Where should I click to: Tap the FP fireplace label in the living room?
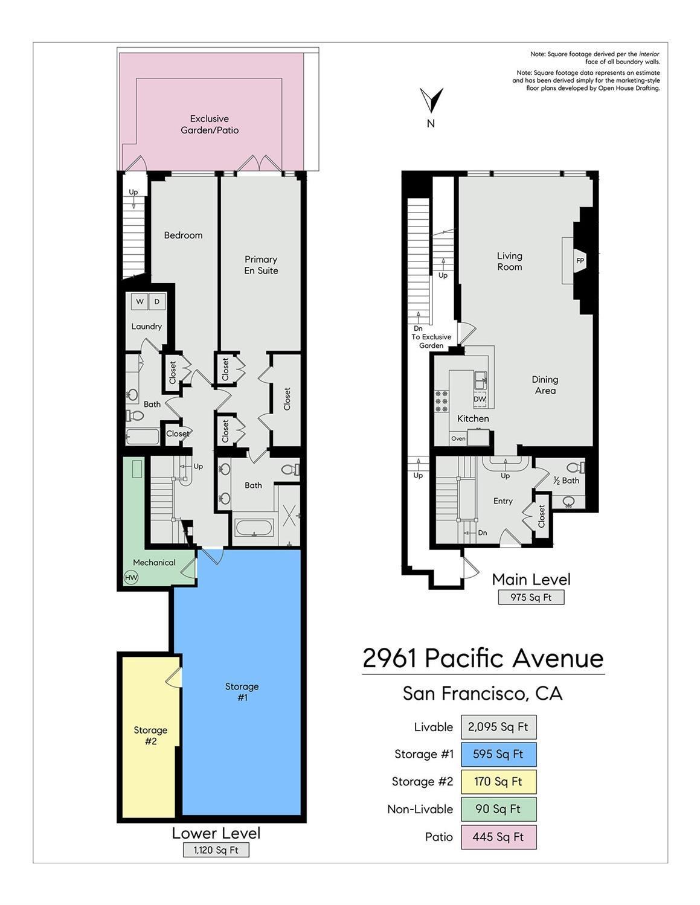(580, 261)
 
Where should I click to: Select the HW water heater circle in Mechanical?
(131, 577)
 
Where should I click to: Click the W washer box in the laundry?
(140, 301)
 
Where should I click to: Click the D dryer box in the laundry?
(157, 301)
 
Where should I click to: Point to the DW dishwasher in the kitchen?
(480, 399)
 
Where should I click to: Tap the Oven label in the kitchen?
(458, 438)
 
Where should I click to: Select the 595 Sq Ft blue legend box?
(498, 754)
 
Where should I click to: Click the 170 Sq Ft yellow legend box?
(498, 781)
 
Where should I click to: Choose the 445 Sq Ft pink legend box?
(498, 837)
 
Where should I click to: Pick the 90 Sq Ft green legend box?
(498, 809)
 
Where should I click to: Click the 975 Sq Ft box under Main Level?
(531, 597)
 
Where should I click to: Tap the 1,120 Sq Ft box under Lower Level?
(216, 850)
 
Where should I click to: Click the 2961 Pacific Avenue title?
(483, 658)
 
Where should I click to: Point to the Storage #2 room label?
(150, 735)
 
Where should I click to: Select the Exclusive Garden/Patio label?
(210, 124)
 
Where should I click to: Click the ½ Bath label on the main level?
(566, 481)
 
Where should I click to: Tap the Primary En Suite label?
(261, 265)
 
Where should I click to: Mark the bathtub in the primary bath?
(254, 528)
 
